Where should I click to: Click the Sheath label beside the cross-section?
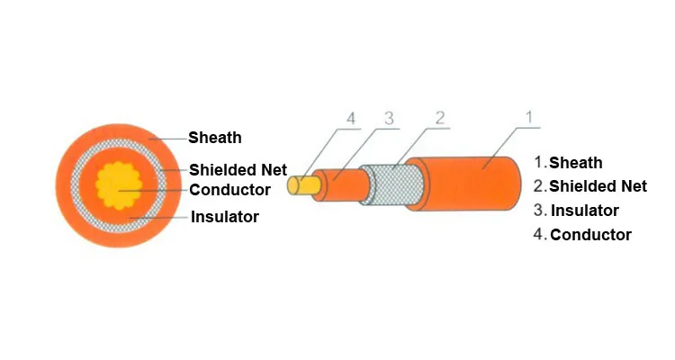tap(214, 138)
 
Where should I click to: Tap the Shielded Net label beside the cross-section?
tap(238, 169)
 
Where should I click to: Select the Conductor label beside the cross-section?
tap(229, 190)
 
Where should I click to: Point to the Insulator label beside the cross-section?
tap(225, 217)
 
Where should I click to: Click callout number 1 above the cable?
tap(529, 117)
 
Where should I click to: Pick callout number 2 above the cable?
tap(440, 117)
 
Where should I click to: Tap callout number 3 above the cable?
tap(389, 118)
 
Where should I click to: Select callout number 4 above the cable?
tap(351, 118)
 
